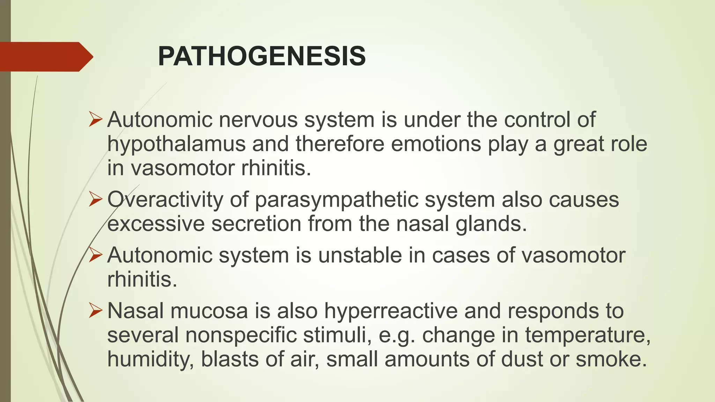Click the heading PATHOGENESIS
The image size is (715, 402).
coord(261,57)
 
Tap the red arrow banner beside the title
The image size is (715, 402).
coord(45,57)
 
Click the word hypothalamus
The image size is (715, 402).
coord(176,144)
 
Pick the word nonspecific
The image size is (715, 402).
coord(241,335)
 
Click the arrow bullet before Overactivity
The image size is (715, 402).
coord(95,200)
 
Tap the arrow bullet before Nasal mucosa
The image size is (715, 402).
coord(95,311)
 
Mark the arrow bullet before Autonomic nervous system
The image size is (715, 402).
coord(95,120)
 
